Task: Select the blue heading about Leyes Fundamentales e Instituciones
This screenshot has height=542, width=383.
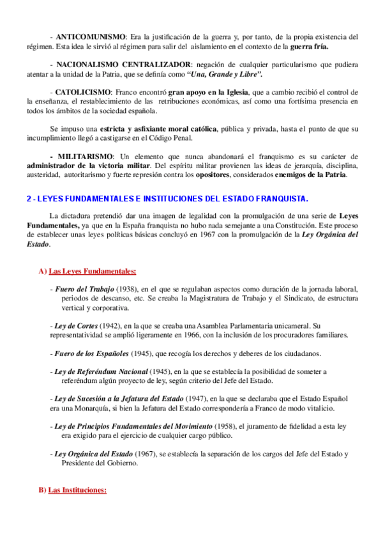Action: click(x=168, y=198)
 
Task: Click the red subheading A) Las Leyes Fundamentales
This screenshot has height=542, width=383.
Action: click(x=92, y=272)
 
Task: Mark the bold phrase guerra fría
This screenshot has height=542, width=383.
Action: click(x=310, y=47)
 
